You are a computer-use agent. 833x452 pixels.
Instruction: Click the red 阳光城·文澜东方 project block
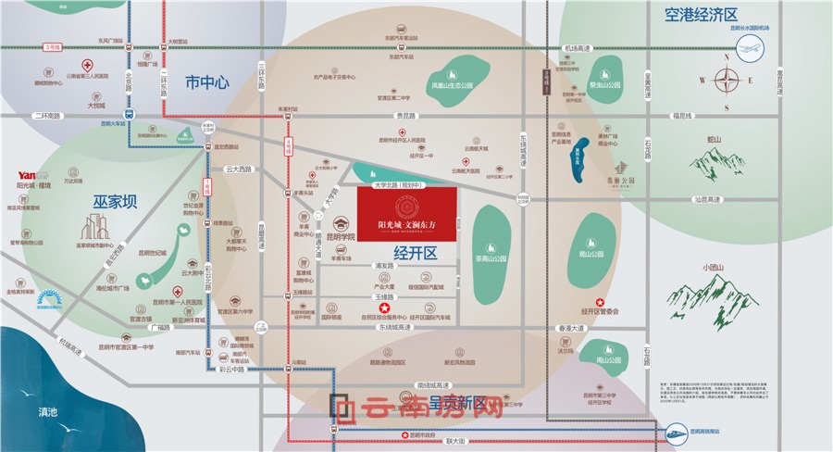[x=407, y=219]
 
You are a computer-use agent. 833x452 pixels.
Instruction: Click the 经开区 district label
[x=414, y=251]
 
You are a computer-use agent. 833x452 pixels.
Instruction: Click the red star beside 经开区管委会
[x=600, y=302]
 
